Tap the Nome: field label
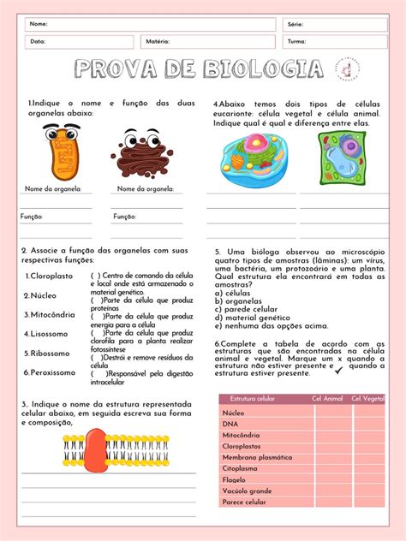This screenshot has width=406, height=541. [x=39, y=24]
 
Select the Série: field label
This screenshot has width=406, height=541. [x=296, y=24]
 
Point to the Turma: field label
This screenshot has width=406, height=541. [x=297, y=41]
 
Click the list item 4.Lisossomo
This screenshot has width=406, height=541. [x=48, y=334]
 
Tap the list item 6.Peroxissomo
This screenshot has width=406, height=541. [x=51, y=372]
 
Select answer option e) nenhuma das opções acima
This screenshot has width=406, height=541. [x=272, y=325]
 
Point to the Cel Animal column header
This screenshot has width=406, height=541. [x=327, y=398]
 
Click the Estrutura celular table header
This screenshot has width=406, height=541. [x=253, y=398]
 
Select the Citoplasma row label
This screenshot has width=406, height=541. [x=240, y=468]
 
